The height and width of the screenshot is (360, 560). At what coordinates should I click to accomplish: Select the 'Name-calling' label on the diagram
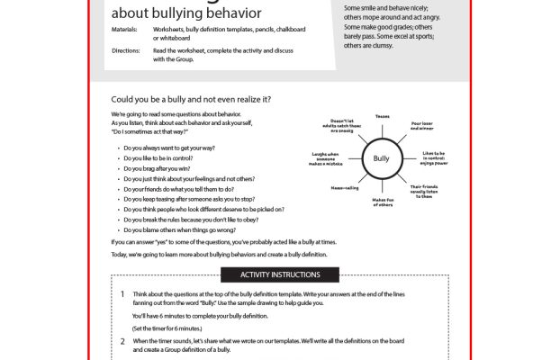[345, 188]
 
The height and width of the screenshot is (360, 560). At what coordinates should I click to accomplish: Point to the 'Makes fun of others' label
[384, 202]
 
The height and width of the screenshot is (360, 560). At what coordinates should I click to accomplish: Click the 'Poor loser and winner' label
[422, 126]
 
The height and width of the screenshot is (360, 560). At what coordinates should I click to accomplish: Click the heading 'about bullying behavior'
[186, 13]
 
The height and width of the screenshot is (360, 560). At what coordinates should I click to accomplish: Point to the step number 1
[122, 294]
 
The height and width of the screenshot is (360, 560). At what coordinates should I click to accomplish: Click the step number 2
[122, 342]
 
